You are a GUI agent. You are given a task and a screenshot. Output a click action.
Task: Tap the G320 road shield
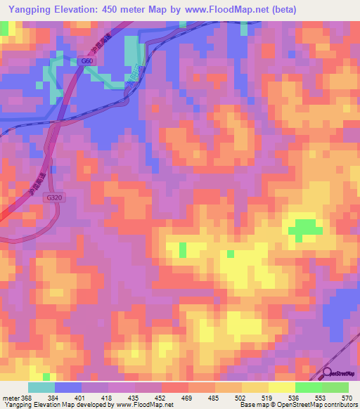tap(52, 200)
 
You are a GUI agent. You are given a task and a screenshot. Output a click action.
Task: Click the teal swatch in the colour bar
tap(41, 387)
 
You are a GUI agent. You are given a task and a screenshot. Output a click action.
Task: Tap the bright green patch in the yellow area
tap(304, 228)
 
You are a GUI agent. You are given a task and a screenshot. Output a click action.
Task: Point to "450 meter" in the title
tap(130, 9)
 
